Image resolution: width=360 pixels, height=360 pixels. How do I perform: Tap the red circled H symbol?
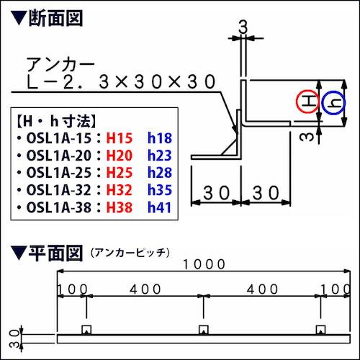coord(307,103)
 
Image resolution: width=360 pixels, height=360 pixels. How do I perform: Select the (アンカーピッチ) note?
coord(130,253)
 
